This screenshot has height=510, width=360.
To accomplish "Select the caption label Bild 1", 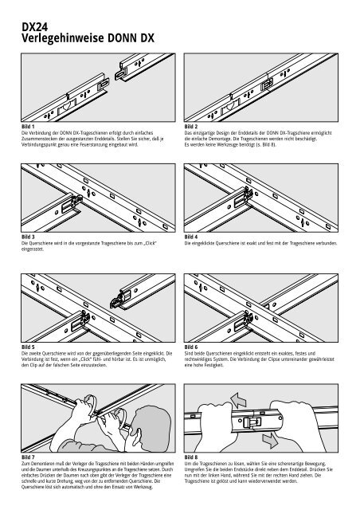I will (x=29, y=126).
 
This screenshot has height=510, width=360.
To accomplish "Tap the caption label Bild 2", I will (x=192, y=126).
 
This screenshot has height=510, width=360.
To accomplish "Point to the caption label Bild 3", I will (x=29, y=237).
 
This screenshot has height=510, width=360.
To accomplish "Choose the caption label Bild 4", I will (x=192, y=237).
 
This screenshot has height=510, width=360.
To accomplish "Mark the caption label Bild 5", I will (x=29, y=347).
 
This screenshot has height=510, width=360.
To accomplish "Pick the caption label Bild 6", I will (x=192, y=347).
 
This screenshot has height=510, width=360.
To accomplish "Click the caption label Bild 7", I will (x=29, y=457).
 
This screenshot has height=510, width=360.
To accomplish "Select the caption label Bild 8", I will (x=192, y=457).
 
